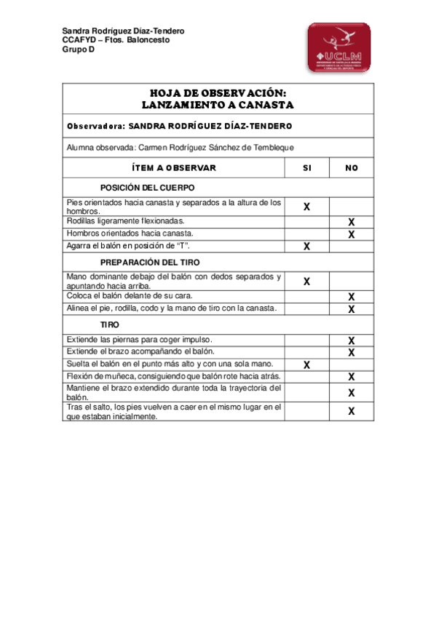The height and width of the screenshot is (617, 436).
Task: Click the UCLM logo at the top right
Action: (338, 47)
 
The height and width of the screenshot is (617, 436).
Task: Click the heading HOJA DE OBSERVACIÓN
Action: (218, 94)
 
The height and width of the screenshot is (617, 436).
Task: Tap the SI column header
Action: (306, 168)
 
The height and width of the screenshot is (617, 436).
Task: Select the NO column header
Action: (352, 168)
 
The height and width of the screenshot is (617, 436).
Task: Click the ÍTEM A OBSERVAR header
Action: (174, 168)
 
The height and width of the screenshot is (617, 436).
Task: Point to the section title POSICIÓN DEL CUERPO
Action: (148, 188)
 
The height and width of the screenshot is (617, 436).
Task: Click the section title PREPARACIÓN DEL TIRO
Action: (150, 262)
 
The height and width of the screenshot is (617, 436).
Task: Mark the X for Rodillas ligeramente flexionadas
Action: (352, 222)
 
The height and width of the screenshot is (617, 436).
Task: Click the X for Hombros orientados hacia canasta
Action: (352, 234)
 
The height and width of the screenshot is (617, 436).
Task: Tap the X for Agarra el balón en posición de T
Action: (306, 247)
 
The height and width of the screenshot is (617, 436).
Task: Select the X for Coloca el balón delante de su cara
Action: (352, 297)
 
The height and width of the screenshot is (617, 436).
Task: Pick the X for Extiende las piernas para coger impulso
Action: (352, 341)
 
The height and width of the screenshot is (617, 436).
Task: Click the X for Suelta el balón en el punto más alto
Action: (306, 365)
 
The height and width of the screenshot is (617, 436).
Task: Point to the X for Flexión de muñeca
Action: (352, 377)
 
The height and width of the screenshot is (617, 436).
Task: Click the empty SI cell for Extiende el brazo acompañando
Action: (306, 352)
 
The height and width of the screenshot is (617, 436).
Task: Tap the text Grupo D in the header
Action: (79, 50)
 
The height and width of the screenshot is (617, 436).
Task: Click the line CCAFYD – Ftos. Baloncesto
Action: (116, 41)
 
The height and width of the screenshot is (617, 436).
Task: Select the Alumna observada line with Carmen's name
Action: (180, 147)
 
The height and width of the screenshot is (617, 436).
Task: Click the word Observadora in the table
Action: (95, 126)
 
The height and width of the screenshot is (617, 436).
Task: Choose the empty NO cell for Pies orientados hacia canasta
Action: (352, 206)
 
